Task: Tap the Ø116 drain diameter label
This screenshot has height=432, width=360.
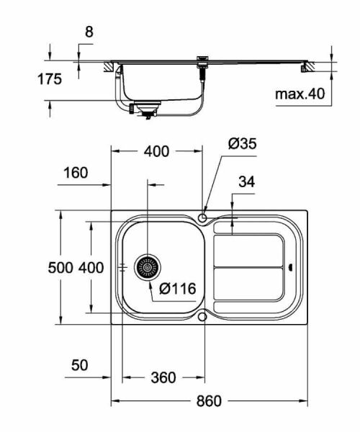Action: pyautogui.click(x=177, y=289)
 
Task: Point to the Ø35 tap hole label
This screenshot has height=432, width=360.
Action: pyautogui.click(x=243, y=143)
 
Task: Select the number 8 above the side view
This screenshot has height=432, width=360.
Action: pyautogui.click(x=89, y=32)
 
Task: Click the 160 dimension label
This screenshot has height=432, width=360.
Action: pyautogui.click(x=75, y=173)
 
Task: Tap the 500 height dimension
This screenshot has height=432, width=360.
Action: pyautogui.click(x=60, y=268)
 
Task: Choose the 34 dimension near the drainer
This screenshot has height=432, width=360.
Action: pyautogui.click(x=246, y=182)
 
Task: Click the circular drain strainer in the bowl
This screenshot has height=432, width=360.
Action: pyautogui.click(x=148, y=267)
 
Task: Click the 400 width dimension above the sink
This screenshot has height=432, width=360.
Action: pyautogui.click(x=156, y=151)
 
